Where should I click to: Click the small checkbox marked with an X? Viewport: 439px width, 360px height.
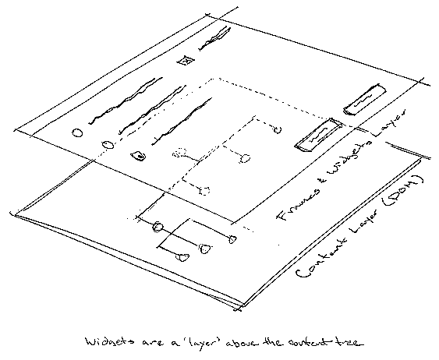click(x=185, y=61)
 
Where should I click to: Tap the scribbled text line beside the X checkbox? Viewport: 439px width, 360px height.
click(x=216, y=36)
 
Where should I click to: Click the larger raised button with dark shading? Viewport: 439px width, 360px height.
click(x=316, y=133)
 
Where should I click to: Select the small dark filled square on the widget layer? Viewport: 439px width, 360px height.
click(x=138, y=156)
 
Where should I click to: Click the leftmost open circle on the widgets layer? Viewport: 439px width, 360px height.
click(x=76, y=132)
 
